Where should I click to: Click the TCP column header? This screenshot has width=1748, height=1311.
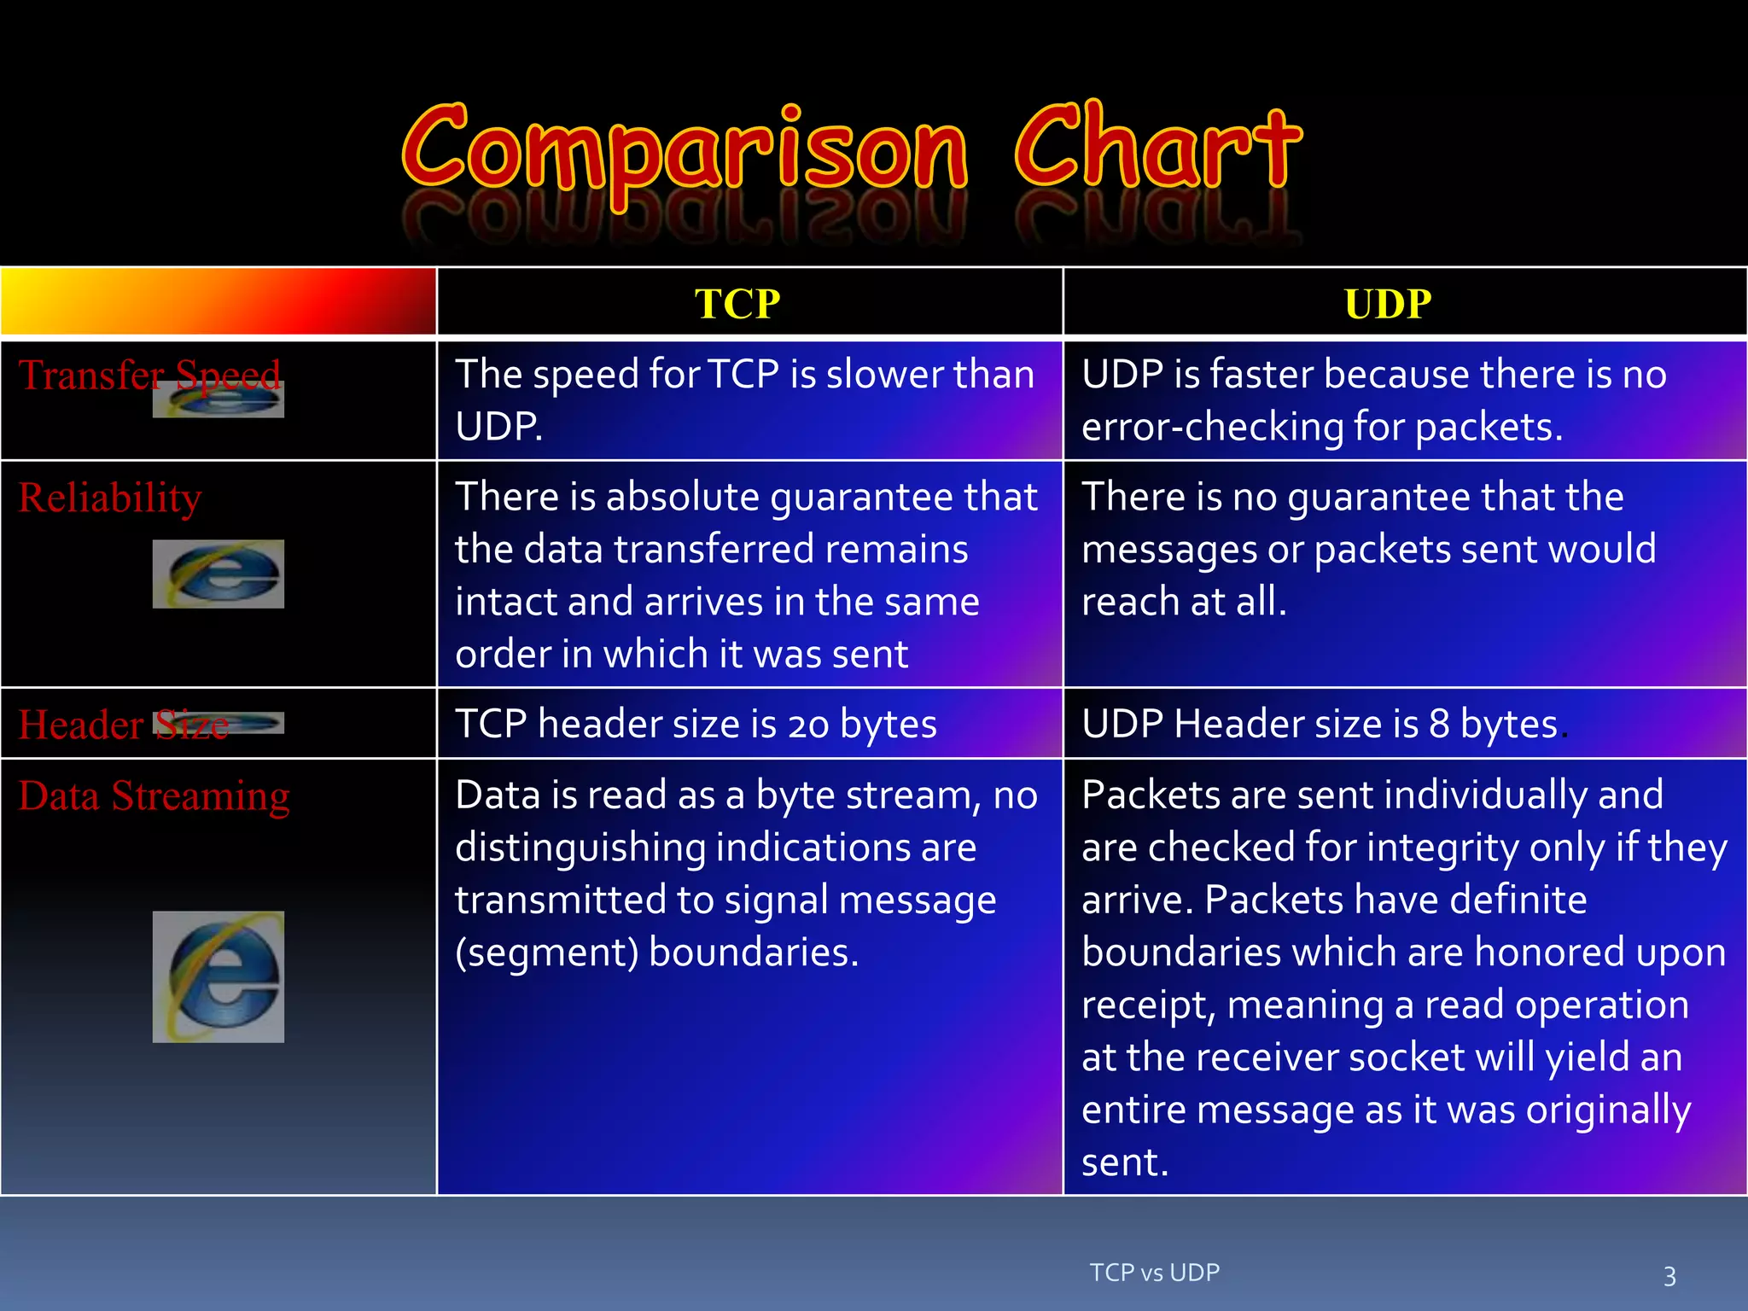click(737, 304)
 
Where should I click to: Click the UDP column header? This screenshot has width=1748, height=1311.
click(1388, 304)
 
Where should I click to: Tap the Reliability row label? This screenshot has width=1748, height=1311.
click(110, 498)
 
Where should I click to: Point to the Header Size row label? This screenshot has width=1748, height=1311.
click(123, 725)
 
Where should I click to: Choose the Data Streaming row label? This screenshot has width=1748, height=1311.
click(154, 795)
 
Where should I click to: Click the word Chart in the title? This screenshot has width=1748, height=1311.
click(1157, 147)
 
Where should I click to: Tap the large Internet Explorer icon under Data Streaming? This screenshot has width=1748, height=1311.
click(218, 976)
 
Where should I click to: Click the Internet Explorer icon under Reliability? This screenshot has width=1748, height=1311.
click(218, 574)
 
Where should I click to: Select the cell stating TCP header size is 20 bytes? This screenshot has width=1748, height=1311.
click(696, 724)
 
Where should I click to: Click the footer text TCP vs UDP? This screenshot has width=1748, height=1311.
click(1154, 1273)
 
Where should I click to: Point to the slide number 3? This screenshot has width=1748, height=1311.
click(1669, 1276)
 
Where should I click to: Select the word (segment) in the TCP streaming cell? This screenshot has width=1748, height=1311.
click(546, 953)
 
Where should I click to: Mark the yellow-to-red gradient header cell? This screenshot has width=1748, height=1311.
click(218, 300)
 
